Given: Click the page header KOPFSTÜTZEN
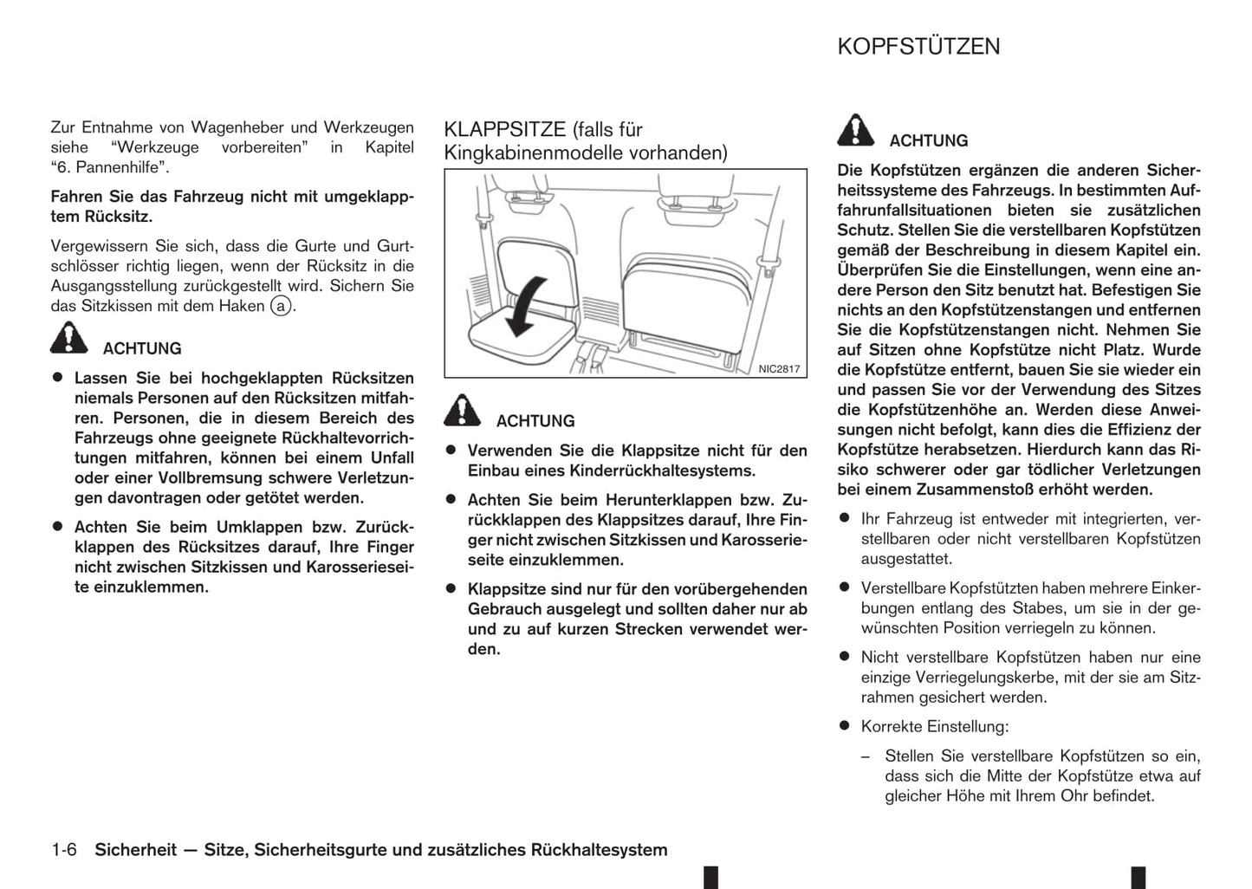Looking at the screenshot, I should point(918,46).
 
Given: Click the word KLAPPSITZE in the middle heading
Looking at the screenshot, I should point(504,130).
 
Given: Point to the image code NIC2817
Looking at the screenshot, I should point(779,369).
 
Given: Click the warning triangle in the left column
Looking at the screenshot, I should point(68,338).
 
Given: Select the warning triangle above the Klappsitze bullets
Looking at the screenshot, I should point(462,411).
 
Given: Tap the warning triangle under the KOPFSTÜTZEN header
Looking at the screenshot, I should point(855,130).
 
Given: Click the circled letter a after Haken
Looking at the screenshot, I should point(280,306).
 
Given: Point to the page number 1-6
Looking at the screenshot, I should point(64,850).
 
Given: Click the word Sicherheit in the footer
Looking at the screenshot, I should point(134,850).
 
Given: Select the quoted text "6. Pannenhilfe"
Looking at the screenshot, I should point(110,167).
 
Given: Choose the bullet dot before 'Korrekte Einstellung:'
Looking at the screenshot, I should point(845,726).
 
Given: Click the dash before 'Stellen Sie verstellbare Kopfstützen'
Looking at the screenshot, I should point(865,756).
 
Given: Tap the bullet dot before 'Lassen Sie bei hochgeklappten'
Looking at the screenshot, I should point(58,378).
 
